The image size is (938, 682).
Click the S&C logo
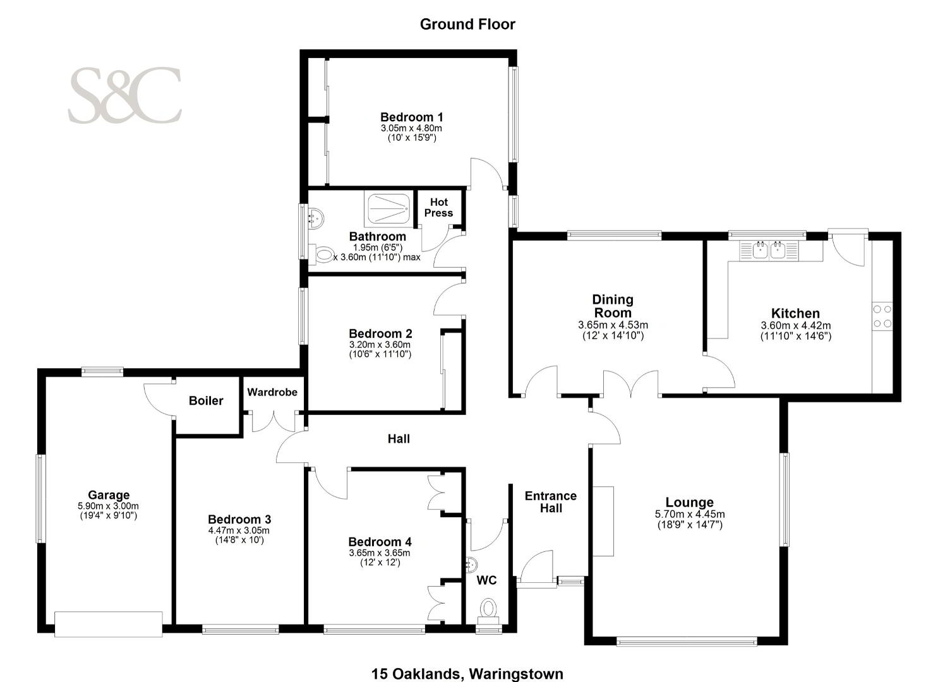[x=125, y=95]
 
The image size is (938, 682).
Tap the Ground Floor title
[x=467, y=24]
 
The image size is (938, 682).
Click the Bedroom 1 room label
[x=411, y=117]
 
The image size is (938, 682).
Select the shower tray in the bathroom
[x=388, y=208]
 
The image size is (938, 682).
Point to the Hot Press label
[x=438, y=208]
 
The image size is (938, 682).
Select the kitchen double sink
[x=769, y=250]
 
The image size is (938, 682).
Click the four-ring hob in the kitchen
[x=882, y=316]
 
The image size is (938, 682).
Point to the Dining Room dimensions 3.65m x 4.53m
[x=613, y=325]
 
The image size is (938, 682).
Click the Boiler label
[x=206, y=400]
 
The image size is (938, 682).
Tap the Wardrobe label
[x=272, y=392]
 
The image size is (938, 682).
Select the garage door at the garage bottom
[x=109, y=625]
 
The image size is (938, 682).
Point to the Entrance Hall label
[x=551, y=502]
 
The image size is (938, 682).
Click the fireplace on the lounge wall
[x=603, y=521]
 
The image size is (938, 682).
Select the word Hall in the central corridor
[x=399, y=439]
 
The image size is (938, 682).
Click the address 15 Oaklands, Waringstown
[x=467, y=674]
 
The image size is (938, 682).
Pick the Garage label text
[x=109, y=495]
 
